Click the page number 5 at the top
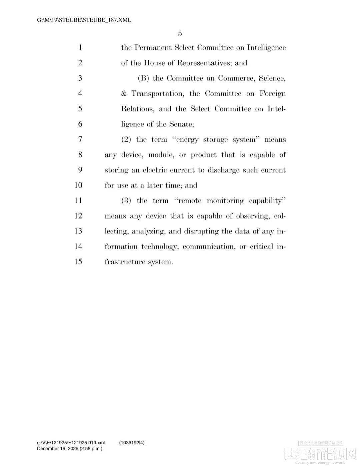point(180,33)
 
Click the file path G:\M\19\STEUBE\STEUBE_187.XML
point(84,20)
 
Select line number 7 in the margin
point(80,139)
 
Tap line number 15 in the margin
point(78,262)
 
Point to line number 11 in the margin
point(78,200)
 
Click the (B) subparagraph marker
point(143,78)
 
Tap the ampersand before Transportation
point(124,94)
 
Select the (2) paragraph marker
point(126,139)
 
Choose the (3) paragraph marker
point(126,201)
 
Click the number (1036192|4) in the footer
point(132,443)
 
